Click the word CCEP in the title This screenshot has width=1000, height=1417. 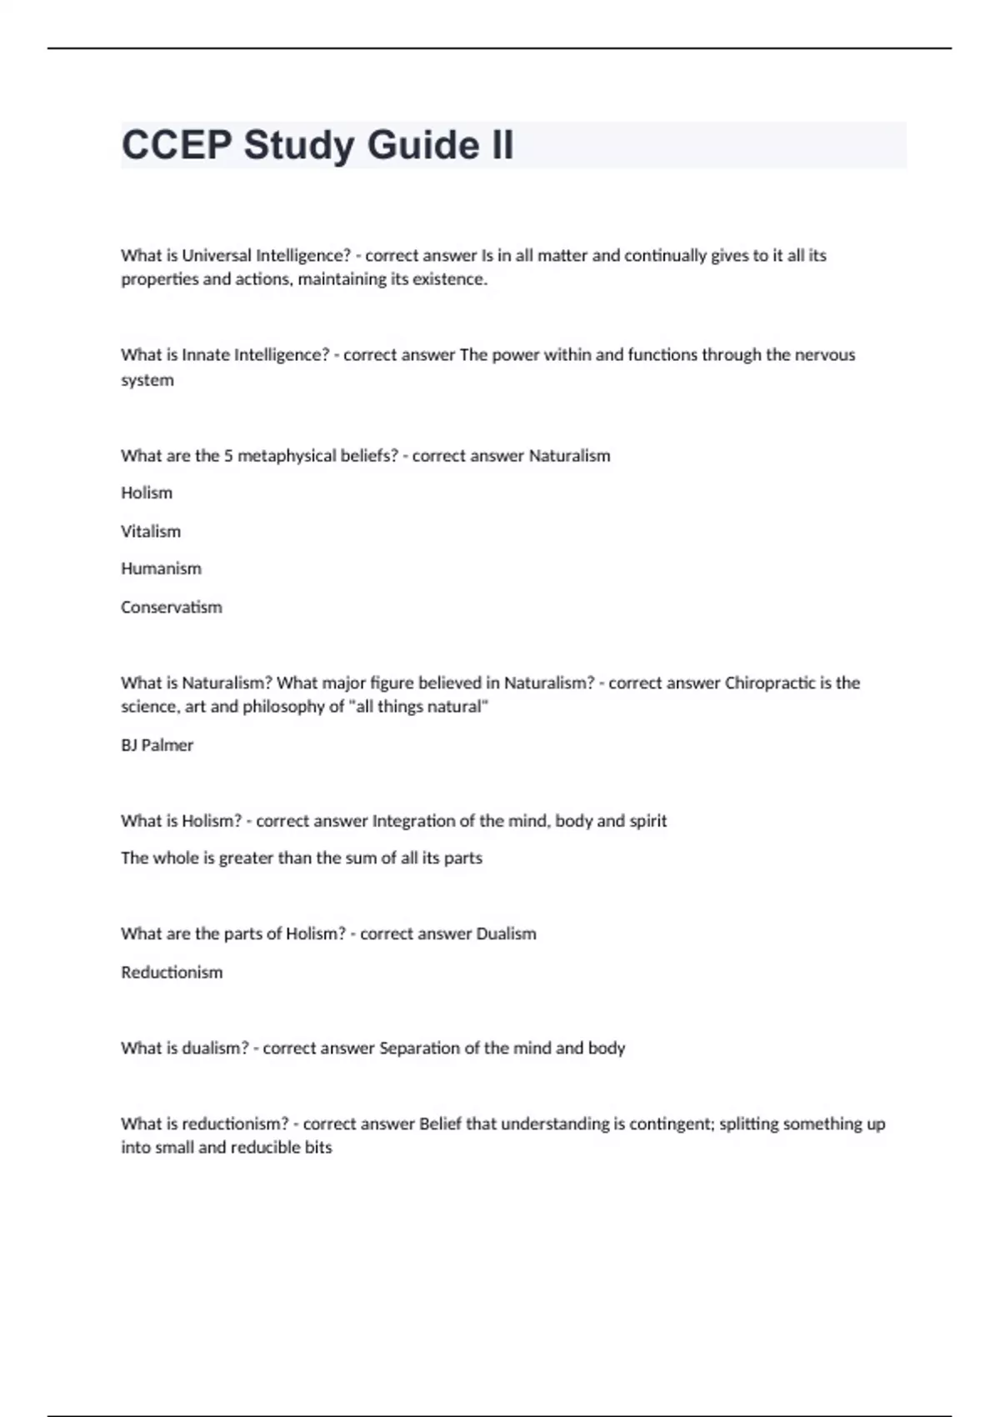tap(177, 145)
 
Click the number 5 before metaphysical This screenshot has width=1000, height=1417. tap(228, 456)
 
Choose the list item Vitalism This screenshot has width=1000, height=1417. tap(151, 532)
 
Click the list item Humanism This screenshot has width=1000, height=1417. tap(161, 568)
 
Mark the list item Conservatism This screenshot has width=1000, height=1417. tap(172, 608)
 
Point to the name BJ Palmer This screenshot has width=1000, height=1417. tap(157, 745)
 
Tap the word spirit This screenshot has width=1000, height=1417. tap(648, 821)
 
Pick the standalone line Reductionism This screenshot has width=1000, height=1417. tap(172, 973)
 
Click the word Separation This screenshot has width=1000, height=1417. tap(418, 1049)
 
